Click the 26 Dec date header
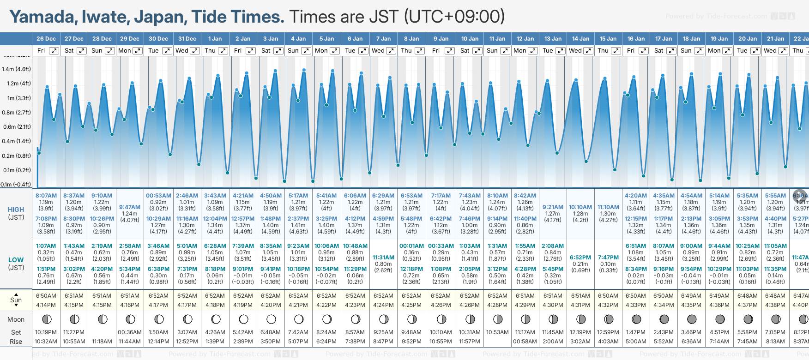pos(46,39)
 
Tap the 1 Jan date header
pos(215,39)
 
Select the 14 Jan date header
pos(580,39)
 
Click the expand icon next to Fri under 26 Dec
pos(54,51)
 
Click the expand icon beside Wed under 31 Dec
pos(195,51)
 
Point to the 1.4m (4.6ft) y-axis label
pos(16,69)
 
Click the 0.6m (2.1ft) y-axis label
pos(16,127)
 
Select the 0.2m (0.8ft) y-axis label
pos(16,156)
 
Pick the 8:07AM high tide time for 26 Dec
pos(46,196)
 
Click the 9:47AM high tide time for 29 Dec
pos(130,207)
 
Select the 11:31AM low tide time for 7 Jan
pos(383,258)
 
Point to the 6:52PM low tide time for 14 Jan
pos(580,258)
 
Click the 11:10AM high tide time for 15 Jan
pos(608,207)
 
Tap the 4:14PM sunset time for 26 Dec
pos(46,305)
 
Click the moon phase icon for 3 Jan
pos(271,319)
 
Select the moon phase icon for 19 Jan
pos(720,319)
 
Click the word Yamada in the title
pos(43,17)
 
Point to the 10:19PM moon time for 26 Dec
pos(46,332)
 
